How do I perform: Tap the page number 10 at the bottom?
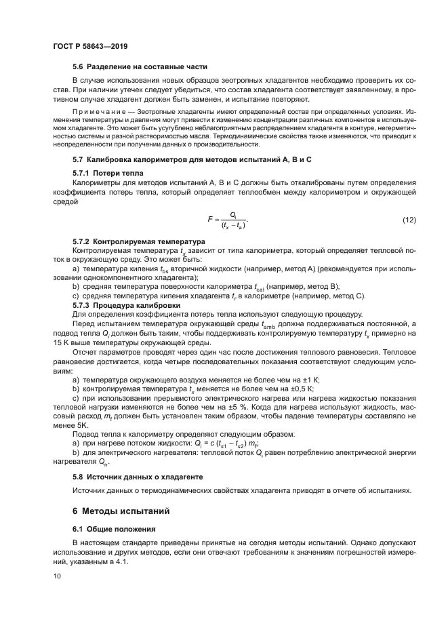pyautogui.click(x=57, y=576)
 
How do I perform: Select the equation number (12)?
pyautogui.click(x=409, y=219)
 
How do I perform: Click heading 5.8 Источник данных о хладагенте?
pyautogui.click(x=138, y=477)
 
